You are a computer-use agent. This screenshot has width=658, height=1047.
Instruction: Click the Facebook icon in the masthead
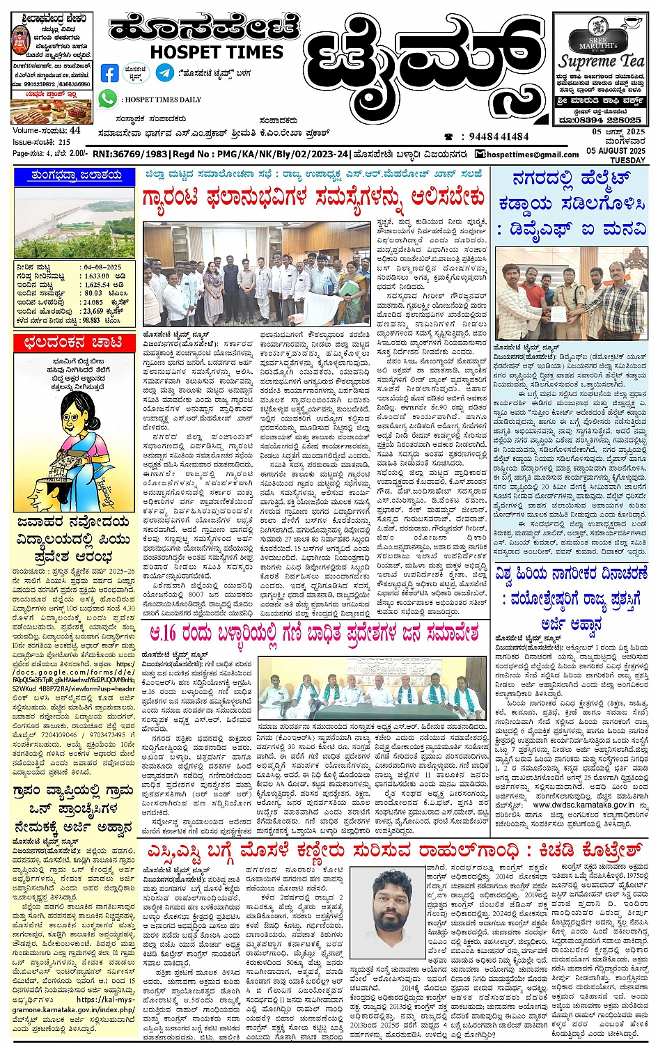(x=110, y=72)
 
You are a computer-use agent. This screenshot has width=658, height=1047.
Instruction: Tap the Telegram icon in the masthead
(x=165, y=72)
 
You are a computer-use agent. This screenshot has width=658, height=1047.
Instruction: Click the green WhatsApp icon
(x=107, y=99)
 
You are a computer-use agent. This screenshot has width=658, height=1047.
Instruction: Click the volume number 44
(x=75, y=130)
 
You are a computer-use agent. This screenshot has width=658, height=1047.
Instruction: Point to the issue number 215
(x=65, y=141)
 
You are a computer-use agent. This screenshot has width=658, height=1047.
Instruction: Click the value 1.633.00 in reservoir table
(x=97, y=276)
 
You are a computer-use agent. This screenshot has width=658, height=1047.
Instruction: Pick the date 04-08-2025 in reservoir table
(x=102, y=267)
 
